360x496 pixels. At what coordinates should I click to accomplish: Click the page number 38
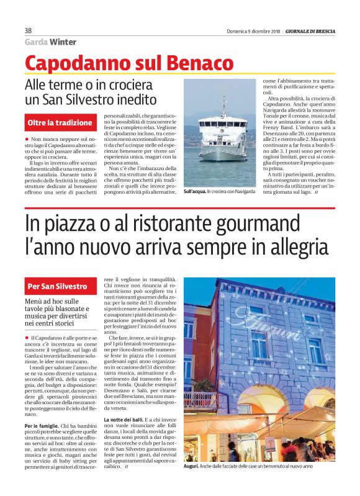[28, 30]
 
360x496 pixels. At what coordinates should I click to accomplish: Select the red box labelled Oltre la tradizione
[60, 123]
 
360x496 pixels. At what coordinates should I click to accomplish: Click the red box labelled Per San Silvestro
[58, 286]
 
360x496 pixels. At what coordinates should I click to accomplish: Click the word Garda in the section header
[36, 42]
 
